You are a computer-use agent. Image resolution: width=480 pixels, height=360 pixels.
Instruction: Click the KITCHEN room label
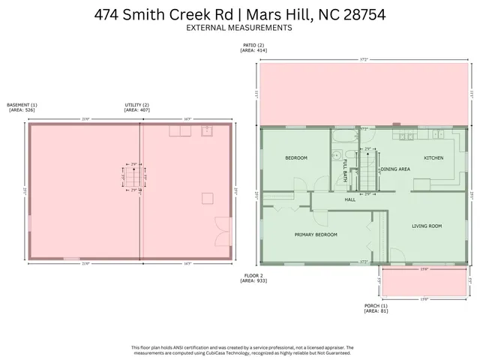(433, 158)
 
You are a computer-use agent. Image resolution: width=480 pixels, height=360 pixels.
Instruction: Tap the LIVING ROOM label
(427, 226)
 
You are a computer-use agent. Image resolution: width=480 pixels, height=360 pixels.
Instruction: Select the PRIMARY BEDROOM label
(315, 235)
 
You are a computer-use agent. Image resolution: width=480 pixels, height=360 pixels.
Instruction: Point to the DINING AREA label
(394, 169)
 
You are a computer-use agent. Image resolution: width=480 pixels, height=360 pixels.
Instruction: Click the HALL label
(349, 199)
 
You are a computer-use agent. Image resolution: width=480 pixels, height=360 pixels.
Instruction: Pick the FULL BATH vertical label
(345, 171)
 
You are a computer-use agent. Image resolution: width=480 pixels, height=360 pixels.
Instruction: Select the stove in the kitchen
(406, 136)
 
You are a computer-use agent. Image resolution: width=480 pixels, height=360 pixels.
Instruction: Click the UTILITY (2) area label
(136, 107)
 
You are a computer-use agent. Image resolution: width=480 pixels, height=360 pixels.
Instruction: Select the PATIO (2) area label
(253, 47)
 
